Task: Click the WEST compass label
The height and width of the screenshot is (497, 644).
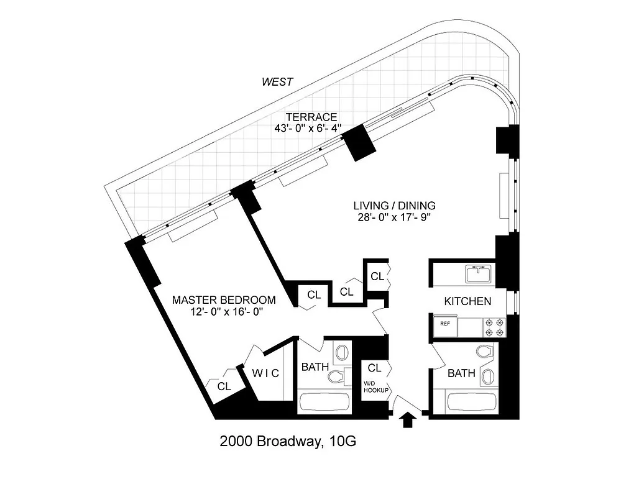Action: tap(277, 81)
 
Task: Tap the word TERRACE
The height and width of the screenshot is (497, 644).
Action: tap(311, 117)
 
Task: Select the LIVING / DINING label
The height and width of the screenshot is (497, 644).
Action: tap(394, 206)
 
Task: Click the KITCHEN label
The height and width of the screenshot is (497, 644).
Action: tap(467, 301)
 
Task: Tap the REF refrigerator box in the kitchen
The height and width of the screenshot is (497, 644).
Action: tap(445, 324)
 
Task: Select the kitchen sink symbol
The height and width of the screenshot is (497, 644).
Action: tap(477, 273)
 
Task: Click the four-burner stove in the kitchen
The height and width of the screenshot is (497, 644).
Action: tap(496, 324)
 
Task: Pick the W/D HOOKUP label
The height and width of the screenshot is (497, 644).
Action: tap(376, 386)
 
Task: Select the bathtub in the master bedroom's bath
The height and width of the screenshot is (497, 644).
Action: tap(323, 402)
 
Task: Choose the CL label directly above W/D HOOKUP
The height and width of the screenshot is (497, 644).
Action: tap(374, 367)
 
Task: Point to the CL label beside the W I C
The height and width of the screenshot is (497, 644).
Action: tap(224, 386)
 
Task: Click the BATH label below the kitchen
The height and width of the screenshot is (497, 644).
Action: tap(461, 373)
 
